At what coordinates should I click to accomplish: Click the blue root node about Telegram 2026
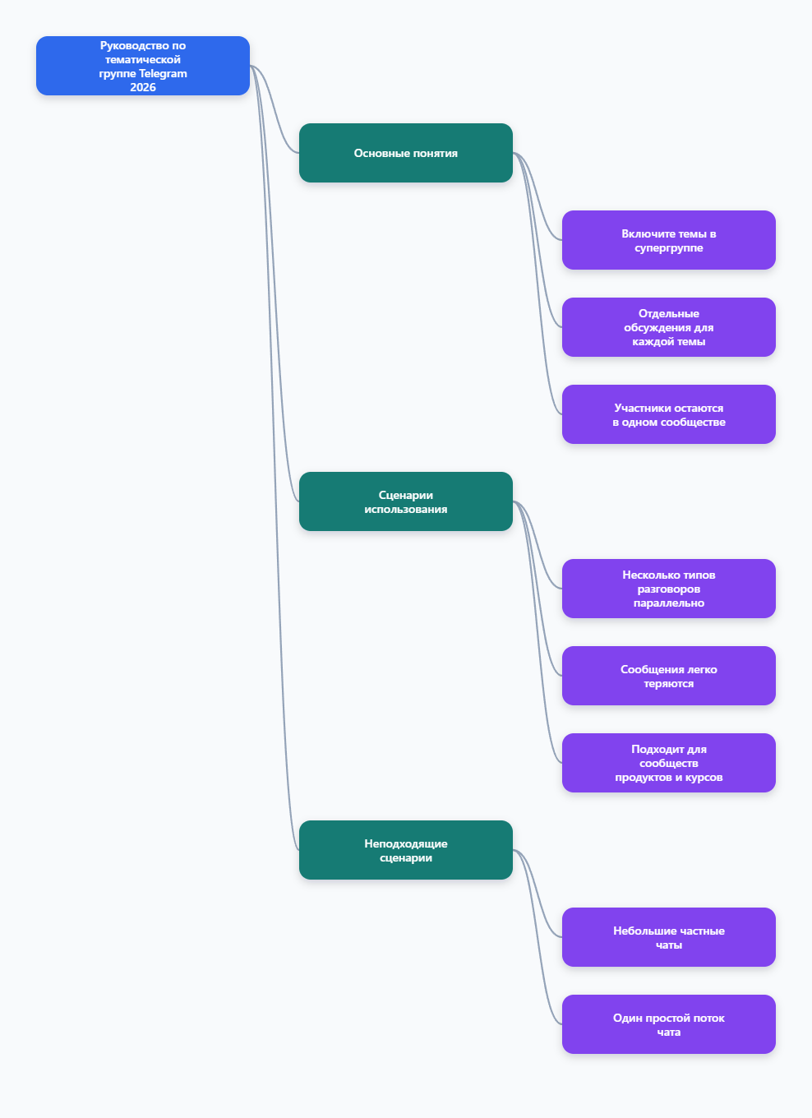pyautogui.click(x=143, y=66)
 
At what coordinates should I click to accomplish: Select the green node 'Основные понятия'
pyautogui.click(x=406, y=153)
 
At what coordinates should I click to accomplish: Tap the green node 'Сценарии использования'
pyautogui.click(x=406, y=501)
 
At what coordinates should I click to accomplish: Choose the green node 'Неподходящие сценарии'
pyautogui.click(x=406, y=849)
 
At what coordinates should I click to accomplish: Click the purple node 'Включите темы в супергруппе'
pyautogui.click(x=669, y=240)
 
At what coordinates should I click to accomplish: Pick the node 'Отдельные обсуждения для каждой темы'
pyautogui.click(x=669, y=327)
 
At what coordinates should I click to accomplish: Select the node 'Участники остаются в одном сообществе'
pyautogui.click(x=669, y=414)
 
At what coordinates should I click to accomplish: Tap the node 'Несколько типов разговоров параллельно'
pyautogui.click(x=669, y=589)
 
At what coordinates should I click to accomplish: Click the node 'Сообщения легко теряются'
pyautogui.click(x=669, y=675)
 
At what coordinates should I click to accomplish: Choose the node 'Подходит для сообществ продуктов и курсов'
pyautogui.click(x=669, y=763)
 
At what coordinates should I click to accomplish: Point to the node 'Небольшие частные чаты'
pyautogui.click(x=669, y=937)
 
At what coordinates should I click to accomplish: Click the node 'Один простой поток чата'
pyautogui.click(x=669, y=1024)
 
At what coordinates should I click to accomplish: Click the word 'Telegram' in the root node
pyautogui.click(x=164, y=73)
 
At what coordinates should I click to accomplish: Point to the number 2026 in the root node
pyautogui.click(x=143, y=87)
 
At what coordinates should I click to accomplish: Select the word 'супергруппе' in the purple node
pyautogui.click(x=669, y=248)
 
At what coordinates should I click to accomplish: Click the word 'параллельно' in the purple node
pyautogui.click(x=669, y=603)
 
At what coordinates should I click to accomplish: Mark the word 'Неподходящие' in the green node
pyautogui.click(x=406, y=843)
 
